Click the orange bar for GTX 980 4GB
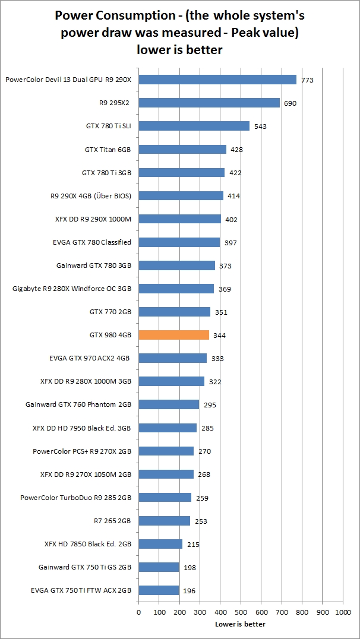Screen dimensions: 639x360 tap(173, 335)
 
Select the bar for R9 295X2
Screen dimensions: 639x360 tap(209, 103)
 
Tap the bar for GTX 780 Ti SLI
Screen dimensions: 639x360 tap(194, 126)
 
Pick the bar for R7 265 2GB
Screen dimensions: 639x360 tap(164, 521)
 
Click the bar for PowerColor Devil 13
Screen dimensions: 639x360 tap(217, 80)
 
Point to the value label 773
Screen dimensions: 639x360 tap(307, 80)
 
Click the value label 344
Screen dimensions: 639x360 tap(219, 336)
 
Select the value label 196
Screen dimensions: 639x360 tap(189, 591)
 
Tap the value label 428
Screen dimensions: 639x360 tap(236, 150)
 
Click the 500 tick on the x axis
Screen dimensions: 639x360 tap(241, 612)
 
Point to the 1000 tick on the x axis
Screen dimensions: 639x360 tap(343, 612)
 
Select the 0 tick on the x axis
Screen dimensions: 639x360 tap(138, 612)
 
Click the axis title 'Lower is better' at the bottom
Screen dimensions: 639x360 tap(240, 624)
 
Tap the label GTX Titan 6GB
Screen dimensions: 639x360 tap(108, 149)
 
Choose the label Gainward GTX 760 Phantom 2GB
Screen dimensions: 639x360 tap(78, 404)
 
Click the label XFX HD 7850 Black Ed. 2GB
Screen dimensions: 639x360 tap(88, 544)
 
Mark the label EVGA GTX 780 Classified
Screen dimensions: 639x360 tap(92, 242)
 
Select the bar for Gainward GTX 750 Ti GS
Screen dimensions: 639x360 tap(159, 567)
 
